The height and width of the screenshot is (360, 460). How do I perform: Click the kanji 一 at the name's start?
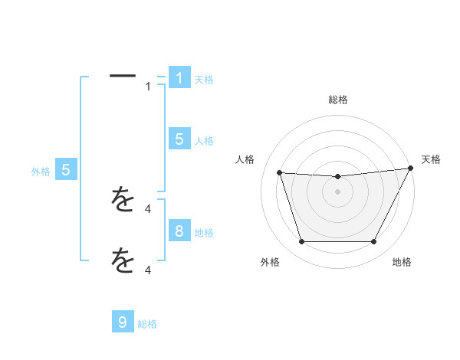123,76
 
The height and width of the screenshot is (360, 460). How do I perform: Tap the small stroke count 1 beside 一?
148,87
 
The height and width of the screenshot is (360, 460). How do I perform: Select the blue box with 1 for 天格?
179,78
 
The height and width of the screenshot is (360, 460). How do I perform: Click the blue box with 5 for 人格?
179,139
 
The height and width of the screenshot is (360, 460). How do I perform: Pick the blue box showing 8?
179,231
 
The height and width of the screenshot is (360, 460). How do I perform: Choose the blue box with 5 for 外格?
66,170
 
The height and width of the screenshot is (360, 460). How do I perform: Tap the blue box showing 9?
123,322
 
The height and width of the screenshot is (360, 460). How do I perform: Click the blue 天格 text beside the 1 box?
204,80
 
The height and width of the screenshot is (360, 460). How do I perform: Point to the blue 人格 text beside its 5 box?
204,141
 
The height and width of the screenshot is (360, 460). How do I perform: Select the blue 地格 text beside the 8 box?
204,233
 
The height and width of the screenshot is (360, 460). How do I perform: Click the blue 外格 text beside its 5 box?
41,172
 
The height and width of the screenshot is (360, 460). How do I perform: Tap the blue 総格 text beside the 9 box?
147,324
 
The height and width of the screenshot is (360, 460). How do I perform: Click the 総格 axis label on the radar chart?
338,100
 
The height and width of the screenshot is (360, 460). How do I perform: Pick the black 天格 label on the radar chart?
432,159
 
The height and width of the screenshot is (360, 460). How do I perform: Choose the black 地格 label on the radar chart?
402,263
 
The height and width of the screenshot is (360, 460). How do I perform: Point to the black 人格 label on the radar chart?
245,159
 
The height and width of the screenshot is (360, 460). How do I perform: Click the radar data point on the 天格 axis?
412,169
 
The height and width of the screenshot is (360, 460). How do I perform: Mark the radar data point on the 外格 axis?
301,242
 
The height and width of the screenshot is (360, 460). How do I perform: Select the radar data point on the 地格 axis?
374,242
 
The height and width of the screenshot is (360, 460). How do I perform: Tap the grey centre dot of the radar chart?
337,191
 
